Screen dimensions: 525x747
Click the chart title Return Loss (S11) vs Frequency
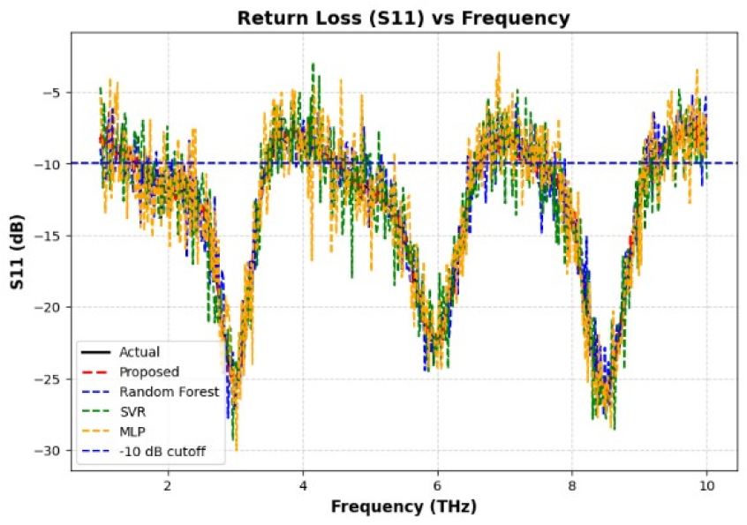click(404, 18)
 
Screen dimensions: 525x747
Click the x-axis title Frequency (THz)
click(404, 506)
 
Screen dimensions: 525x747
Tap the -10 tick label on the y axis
click(48, 164)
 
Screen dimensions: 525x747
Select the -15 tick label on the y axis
click(48, 236)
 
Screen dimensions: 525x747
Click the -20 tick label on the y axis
click(48, 307)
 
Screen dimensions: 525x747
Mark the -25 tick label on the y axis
click(48, 379)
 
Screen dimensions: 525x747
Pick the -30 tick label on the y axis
click(48, 450)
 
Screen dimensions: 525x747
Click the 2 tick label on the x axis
click(168, 486)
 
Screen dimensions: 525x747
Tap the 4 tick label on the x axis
click(303, 486)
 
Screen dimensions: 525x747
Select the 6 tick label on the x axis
click(437, 486)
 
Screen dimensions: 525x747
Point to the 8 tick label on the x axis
click(572, 486)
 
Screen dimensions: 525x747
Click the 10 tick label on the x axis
click(706, 486)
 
